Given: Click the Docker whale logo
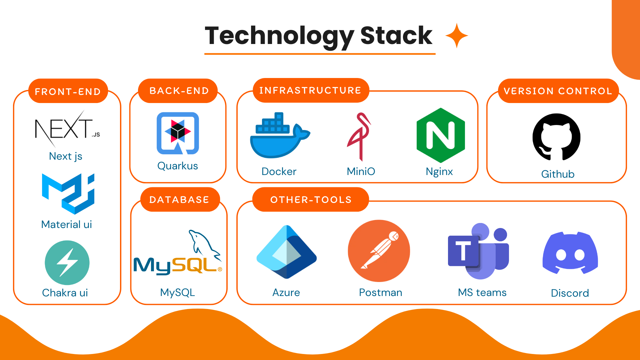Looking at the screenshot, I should (279, 137).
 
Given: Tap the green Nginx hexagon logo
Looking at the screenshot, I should (441, 135).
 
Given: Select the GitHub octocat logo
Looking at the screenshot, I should (556, 137).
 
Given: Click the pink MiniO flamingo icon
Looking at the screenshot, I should (359, 137).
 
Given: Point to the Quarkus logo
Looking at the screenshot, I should (178, 133).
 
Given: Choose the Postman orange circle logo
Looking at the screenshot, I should (379, 251).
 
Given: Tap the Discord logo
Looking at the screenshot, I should (570, 253).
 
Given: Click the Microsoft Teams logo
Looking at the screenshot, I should (478, 252).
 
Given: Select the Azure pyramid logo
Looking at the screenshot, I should (286, 252).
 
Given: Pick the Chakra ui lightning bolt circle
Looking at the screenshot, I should (67, 263).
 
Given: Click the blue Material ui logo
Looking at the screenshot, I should (68, 193).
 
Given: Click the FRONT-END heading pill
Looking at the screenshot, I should (68, 91).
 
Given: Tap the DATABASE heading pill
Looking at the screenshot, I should (179, 200).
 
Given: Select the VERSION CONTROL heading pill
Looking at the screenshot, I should (558, 91).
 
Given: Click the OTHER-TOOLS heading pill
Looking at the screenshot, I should (311, 200).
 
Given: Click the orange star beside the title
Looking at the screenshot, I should (457, 36).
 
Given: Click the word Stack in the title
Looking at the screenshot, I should (396, 36).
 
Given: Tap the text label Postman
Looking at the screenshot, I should (380, 292).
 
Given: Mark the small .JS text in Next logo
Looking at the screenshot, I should (96, 135).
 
